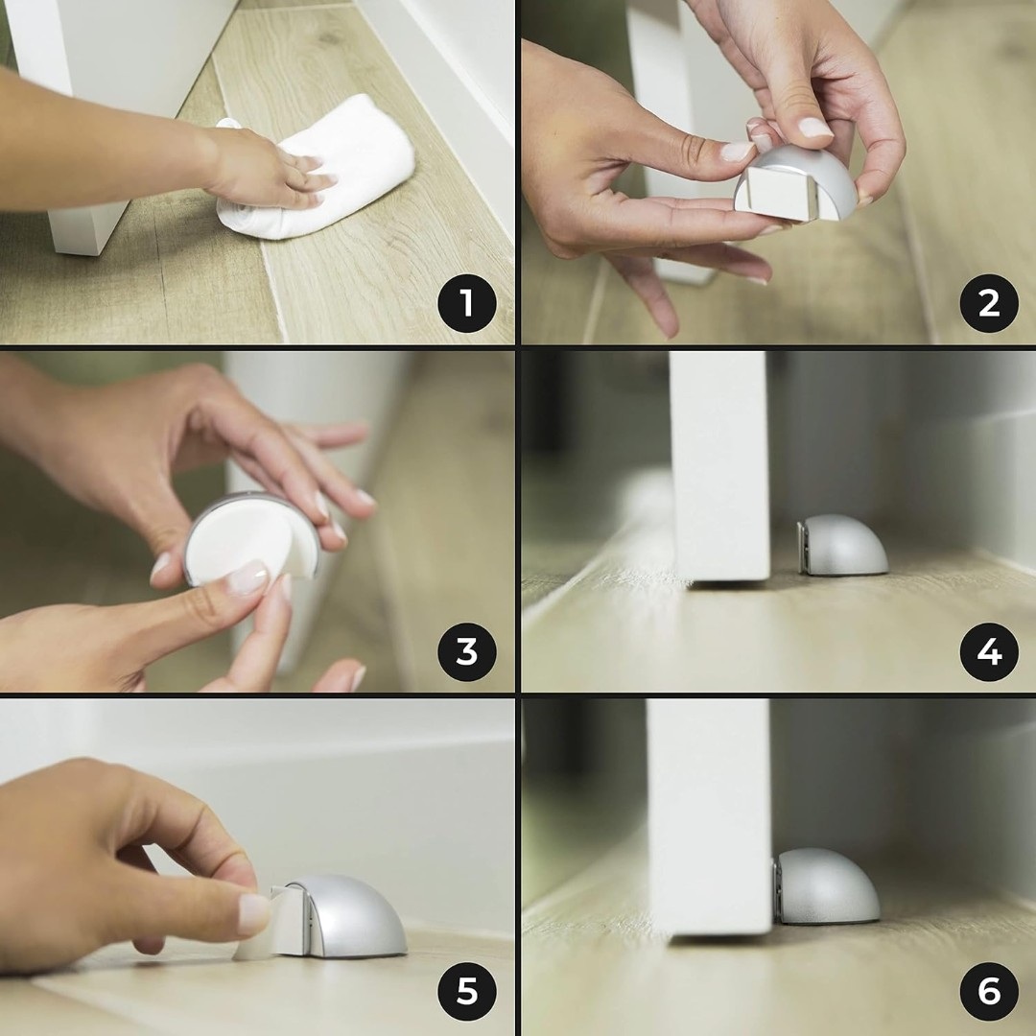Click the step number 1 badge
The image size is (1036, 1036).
click(x=466, y=303)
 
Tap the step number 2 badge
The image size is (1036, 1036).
click(x=988, y=303)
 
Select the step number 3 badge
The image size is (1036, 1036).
click(x=466, y=652)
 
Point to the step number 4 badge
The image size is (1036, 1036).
click(x=988, y=652)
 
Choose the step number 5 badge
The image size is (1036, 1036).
click(x=466, y=991)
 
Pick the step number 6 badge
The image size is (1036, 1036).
click(x=988, y=991)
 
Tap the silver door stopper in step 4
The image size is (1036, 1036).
click(x=843, y=546)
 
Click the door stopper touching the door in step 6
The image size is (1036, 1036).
click(x=826, y=886)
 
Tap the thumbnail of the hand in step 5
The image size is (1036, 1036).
click(x=253, y=914)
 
